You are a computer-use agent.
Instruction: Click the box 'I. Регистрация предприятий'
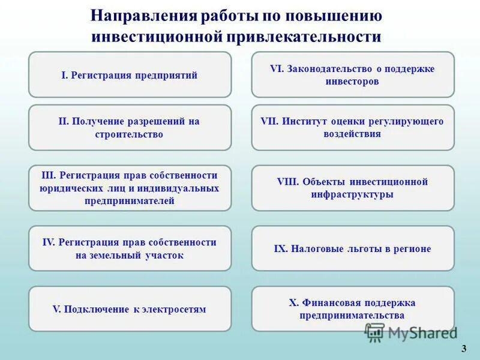(x=130, y=75)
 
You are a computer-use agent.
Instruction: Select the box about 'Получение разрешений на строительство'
(x=130, y=128)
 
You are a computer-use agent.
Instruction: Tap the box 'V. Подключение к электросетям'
(x=130, y=309)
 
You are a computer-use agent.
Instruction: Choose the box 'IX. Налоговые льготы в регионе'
(x=353, y=248)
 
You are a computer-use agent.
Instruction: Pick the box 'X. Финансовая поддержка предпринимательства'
(x=353, y=309)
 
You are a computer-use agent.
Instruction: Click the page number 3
(x=464, y=349)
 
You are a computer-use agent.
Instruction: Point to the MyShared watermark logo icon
(x=375, y=332)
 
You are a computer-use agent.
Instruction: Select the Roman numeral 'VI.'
(x=277, y=69)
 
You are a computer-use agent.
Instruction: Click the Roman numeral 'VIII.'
(x=288, y=182)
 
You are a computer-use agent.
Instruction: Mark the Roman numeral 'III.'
(x=49, y=175)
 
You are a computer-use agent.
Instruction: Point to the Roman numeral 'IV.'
(x=49, y=242)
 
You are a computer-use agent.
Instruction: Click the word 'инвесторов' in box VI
(x=353, y=82)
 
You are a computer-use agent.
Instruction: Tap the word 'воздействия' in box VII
(x=353, y=134)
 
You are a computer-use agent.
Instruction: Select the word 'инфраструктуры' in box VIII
(x=353, y=194)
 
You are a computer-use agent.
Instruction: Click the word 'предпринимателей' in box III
(x=130, y=201)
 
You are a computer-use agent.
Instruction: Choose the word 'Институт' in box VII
(x=304, y=122)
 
